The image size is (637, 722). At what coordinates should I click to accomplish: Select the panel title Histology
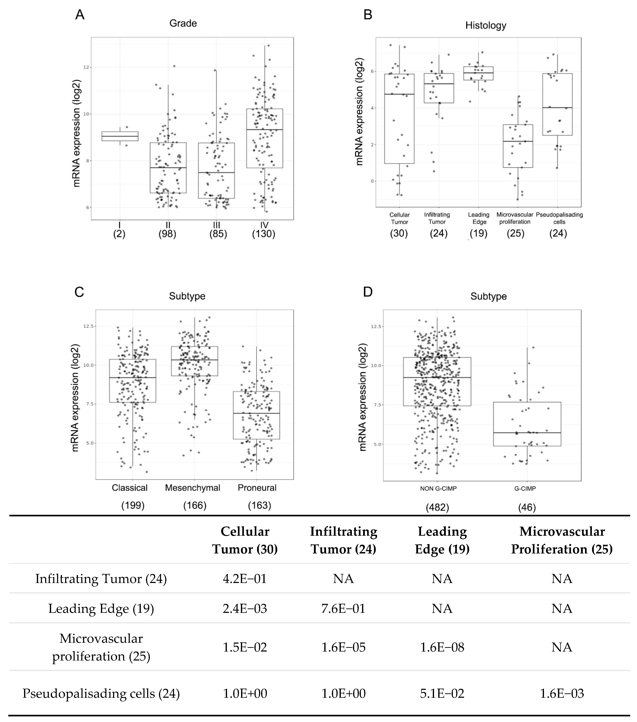coord(486,25)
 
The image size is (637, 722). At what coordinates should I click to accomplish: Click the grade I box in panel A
coord(120,136)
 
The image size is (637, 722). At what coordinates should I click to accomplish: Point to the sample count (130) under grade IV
coord(264,234)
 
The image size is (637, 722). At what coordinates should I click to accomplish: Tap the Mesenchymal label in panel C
coord(193,488)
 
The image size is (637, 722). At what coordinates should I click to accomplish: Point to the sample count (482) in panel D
coord(437,508)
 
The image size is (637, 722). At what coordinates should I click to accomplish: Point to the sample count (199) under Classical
coord(133,505)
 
